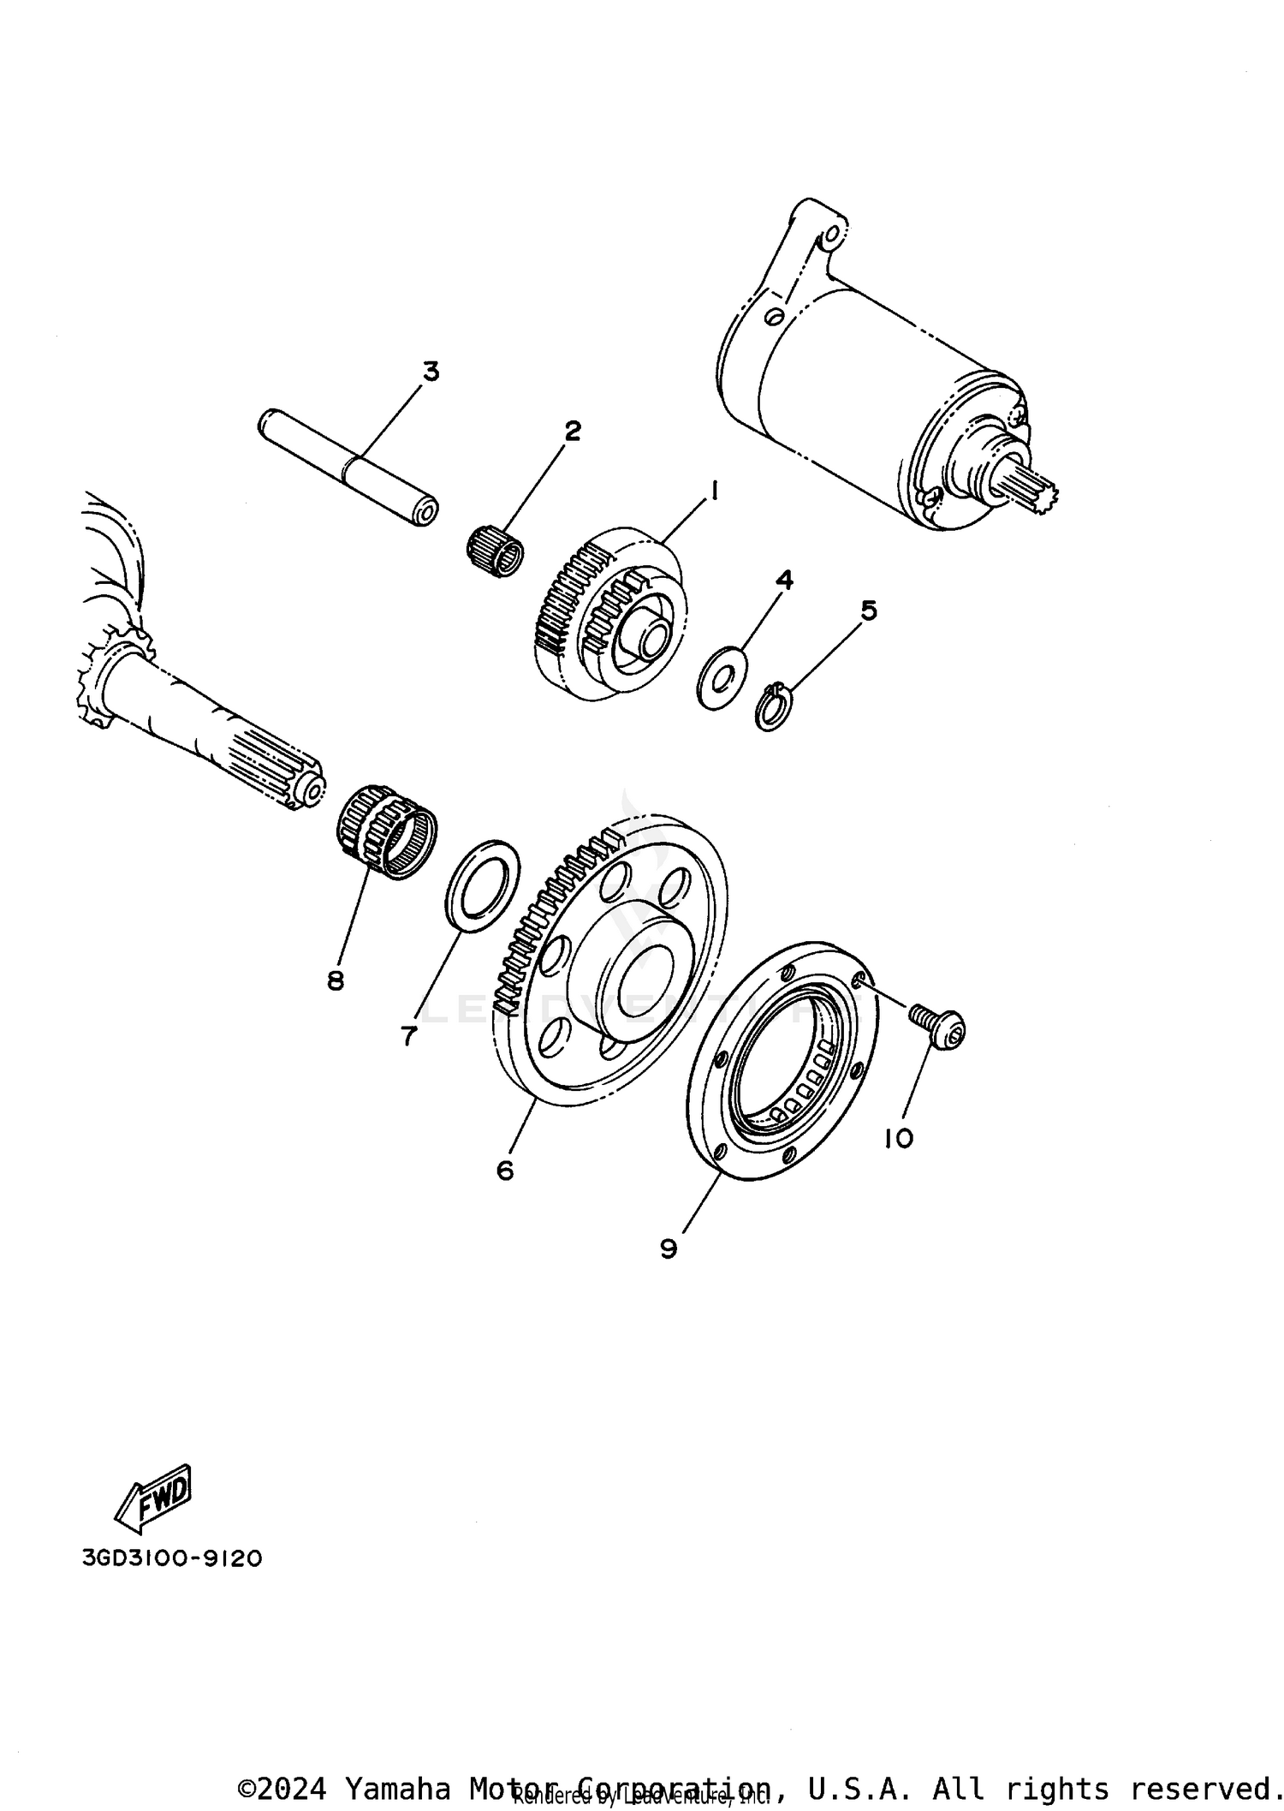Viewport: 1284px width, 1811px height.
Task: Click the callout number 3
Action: pos(431,372)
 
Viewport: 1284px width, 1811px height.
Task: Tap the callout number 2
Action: pos(572,431)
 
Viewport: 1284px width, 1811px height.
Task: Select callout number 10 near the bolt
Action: pos(899,1138)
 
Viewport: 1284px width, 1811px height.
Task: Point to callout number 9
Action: pos(669,1249)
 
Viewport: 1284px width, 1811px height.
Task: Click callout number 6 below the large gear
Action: pos(505,1170)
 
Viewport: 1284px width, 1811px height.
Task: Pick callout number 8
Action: pos(336,980)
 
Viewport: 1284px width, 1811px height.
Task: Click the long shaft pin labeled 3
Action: pos(348,467)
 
